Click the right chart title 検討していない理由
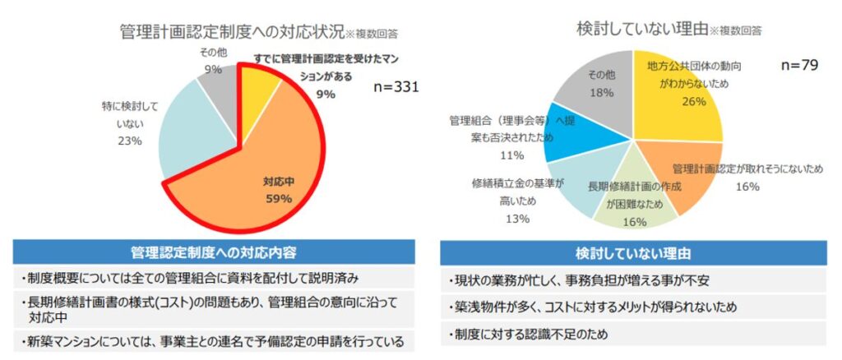(636, 28)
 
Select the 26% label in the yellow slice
(671, 102)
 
